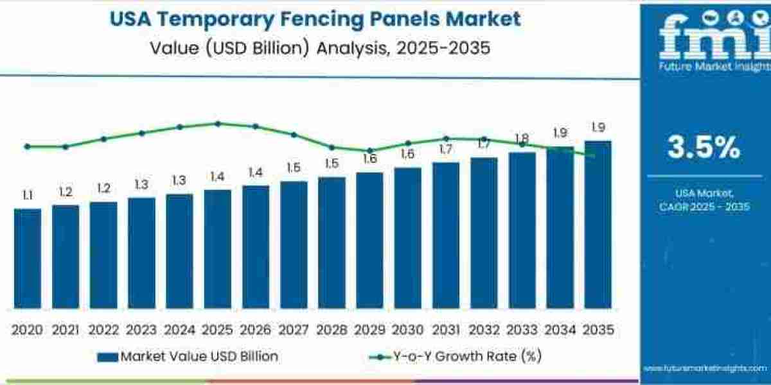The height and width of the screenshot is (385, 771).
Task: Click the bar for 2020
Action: click(27, 258)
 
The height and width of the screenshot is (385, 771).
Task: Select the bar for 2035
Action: click(598, 225)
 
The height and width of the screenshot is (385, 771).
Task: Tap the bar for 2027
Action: click(294, 244)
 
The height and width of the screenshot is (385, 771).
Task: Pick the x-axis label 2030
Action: click(407, 330)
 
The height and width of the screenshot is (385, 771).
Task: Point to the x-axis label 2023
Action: click(141, 330)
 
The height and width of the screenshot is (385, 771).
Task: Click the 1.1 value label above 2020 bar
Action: click(27, 196)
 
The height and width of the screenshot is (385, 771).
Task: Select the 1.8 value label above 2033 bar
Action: click(522, 139)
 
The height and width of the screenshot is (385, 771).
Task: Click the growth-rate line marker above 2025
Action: click(217, 123)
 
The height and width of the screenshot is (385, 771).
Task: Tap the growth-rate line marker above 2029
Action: click(369, 150)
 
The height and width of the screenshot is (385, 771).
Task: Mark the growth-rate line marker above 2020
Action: click(27, 146)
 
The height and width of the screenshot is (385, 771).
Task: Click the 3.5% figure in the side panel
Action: click(704, 148)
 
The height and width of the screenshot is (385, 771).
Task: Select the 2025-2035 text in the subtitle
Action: click(436, 48)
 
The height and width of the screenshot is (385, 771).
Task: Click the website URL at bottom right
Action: click(705, 368)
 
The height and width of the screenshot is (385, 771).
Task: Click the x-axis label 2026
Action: click(255, 330)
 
